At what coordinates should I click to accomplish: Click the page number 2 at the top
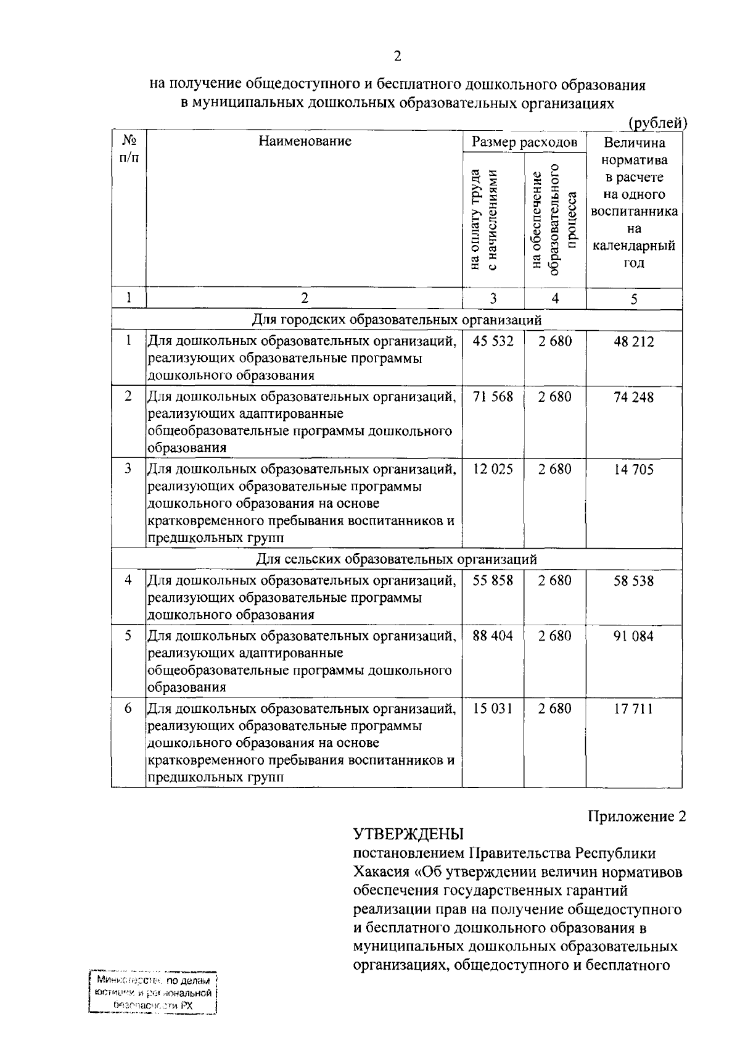[397, 56]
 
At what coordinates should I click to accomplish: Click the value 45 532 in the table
[493, 341]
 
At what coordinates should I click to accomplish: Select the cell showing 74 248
[633, 397]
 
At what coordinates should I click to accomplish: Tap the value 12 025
[493, 469]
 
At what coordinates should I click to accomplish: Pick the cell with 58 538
[633, 581]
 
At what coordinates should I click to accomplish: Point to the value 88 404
[493, 636]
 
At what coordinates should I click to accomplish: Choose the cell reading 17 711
[633, 709]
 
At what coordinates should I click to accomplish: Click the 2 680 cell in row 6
[554, 709]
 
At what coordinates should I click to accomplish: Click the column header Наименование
[305, 141]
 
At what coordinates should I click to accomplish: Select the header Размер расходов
[524, 143]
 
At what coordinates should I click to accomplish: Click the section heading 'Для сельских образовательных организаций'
[397, 559]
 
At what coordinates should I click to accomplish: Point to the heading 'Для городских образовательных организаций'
[397, 320]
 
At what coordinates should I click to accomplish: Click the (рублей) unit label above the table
[657, 123]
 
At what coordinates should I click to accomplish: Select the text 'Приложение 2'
[636, 817]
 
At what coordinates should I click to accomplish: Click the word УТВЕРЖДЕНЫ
[408, 835]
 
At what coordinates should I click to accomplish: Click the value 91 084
[633, 636]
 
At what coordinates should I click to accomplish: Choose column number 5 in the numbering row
[633, 299]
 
